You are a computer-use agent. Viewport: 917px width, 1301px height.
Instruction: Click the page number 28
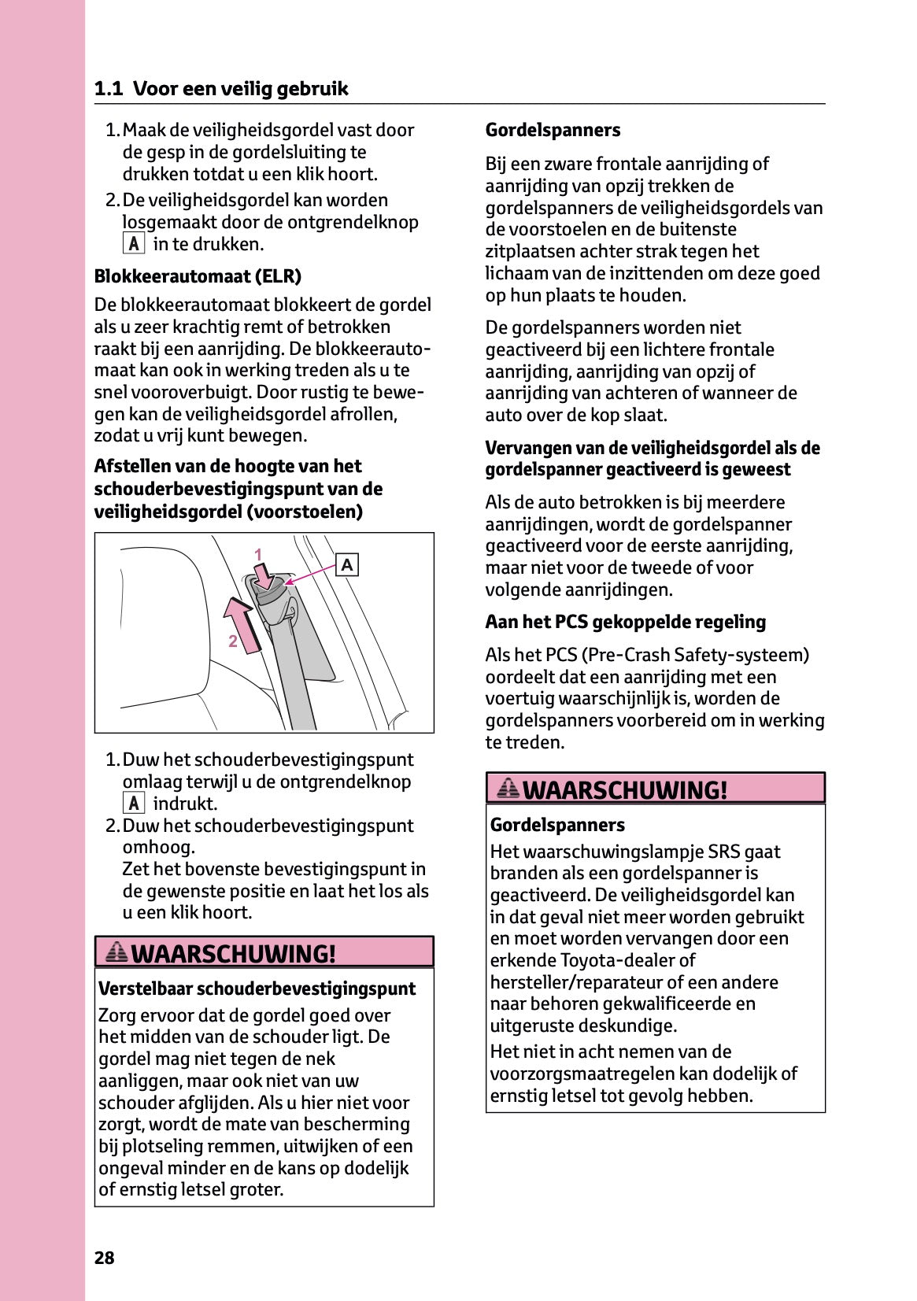pos(104,1258)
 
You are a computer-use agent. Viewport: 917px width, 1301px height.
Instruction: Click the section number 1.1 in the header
pos(108,89)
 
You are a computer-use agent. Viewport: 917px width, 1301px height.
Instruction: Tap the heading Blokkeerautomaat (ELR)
pos(198,276)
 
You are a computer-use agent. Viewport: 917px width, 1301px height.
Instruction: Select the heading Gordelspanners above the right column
pos(553,130)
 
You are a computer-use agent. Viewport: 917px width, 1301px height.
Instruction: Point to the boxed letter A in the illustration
pos(347,565)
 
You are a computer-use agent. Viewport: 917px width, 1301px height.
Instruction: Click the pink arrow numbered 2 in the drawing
pos(242,626)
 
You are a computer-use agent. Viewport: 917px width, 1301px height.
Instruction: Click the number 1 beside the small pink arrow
pos(257,555)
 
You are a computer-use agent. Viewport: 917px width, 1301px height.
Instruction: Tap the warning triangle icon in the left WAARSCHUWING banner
pos(116,952)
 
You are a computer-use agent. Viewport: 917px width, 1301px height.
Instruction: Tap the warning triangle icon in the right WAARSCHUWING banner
pos(508,788)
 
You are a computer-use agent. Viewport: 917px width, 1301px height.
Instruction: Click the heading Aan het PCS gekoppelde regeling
pos(625,622)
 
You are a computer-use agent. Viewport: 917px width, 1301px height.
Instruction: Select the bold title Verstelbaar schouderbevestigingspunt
pos(257,989)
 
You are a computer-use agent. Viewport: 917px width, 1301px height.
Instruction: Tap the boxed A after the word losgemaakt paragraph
pos(134,244)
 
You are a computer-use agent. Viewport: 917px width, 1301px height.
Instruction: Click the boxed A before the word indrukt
pos(134,804)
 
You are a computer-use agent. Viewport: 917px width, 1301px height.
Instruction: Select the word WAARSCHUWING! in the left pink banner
pos(234,953)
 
